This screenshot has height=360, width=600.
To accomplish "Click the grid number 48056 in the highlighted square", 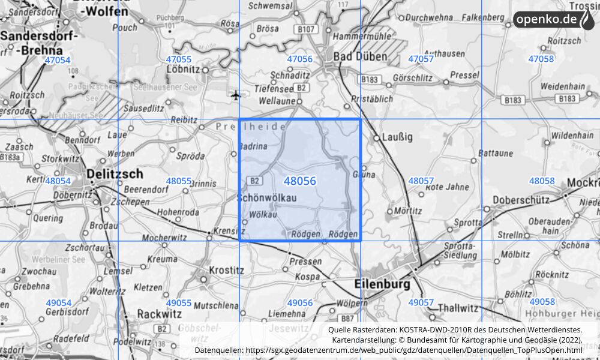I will (x=300, y=181).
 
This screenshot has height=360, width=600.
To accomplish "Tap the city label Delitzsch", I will (x=115, y=174).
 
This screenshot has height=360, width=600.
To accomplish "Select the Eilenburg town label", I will (x=382, y=283).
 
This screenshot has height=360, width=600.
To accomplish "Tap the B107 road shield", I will (x=305, y=29).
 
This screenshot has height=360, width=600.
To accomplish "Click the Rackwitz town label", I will (x=159, y=313).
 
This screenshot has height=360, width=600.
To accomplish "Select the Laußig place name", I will (x=397, y=137).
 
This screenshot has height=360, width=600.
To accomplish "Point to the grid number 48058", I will (x=541, y=181).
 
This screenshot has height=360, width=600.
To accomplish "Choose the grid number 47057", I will (x=421, y=59).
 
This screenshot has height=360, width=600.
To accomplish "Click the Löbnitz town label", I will (x=184, y=70).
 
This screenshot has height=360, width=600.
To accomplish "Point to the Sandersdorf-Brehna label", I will (x=39, y=43).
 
